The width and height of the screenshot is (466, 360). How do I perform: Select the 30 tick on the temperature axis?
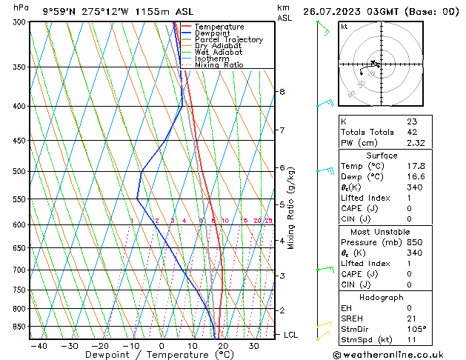tap(253, 346)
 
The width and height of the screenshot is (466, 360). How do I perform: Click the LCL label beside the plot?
tap(291, 335)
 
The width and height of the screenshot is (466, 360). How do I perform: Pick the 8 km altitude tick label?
tap(282, 92)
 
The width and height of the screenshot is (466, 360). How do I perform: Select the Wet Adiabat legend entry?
tap(220, 53)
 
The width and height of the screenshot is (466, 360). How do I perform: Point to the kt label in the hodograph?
tap(344, 27)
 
